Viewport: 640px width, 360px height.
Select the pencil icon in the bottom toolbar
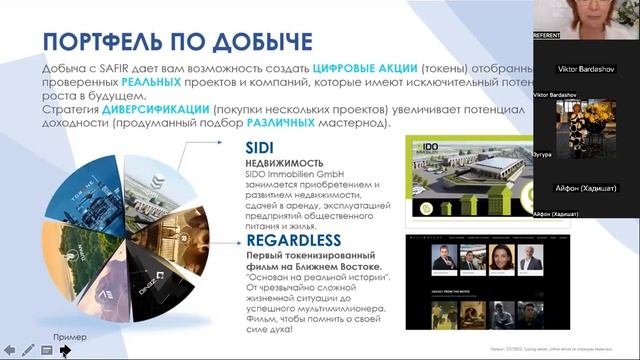tap(27, 351)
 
